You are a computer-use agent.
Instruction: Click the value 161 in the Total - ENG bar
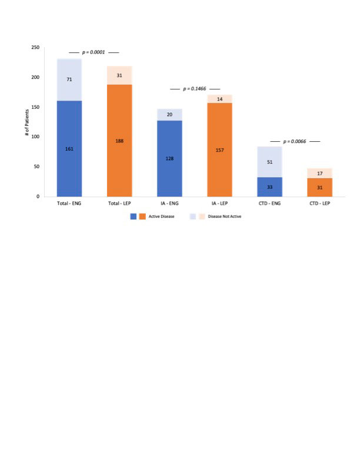69,149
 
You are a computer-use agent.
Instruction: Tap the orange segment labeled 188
119,141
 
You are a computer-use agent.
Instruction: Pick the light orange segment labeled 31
119,75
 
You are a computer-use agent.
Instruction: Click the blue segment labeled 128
169,158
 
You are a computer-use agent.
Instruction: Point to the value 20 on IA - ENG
169,115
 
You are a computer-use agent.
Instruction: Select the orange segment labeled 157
219,150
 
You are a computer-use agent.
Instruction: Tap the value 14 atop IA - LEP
219,99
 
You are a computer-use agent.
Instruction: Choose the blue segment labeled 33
269,187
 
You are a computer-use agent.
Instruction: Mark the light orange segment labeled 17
319,174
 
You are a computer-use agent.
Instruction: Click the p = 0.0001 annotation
94,52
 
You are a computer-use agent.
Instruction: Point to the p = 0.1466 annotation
195,89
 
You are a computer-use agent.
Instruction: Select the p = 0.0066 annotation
295,142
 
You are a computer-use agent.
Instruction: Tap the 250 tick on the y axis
36,48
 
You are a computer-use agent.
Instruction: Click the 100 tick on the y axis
36,137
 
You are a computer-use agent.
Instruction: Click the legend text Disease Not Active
226,217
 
